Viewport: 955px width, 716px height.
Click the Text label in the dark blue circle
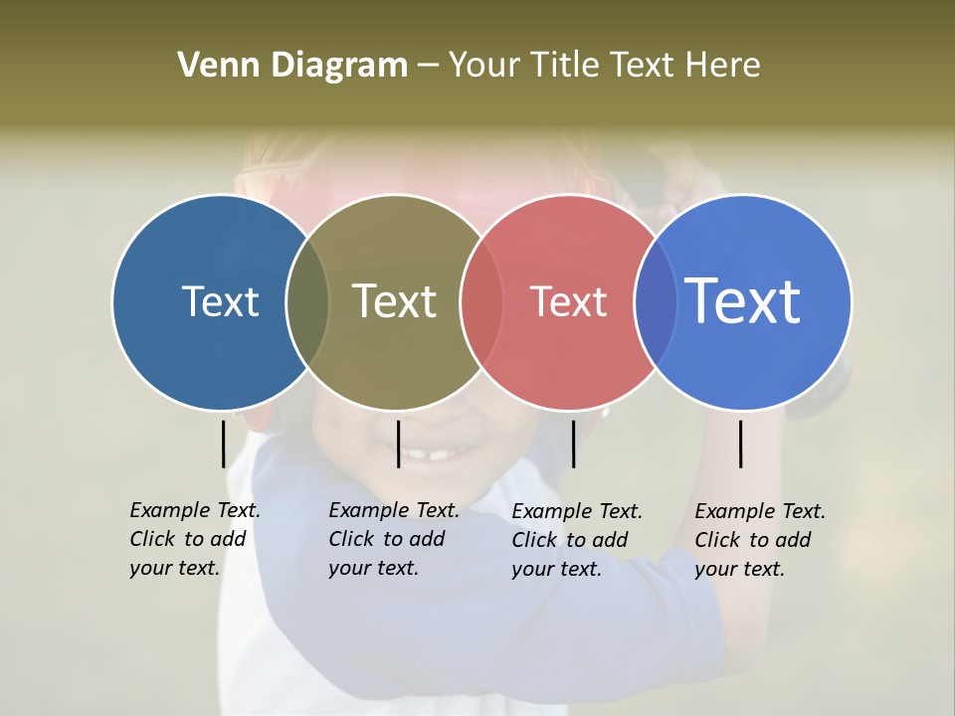click(220, 301)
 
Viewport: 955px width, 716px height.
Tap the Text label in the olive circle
click(394, 301)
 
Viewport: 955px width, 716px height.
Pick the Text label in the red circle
click(568, 302)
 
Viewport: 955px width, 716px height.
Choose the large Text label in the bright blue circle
click(743, 300)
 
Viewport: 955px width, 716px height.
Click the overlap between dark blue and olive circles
click(307, 302)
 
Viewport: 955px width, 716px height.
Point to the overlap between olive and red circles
click(481, 302)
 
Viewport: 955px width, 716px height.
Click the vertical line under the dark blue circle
click(223, 444)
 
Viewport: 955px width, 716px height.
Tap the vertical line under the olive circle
click(398, 444)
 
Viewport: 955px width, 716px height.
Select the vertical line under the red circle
click(573, 444)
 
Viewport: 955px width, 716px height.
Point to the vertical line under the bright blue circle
click(740, 444)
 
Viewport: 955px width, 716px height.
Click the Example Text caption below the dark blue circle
click(194, 539)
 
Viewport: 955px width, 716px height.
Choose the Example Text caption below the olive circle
click(393, 539)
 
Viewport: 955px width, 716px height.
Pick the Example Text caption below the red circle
click(576, 540)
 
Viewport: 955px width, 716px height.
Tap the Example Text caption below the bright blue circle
click(759, 540)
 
